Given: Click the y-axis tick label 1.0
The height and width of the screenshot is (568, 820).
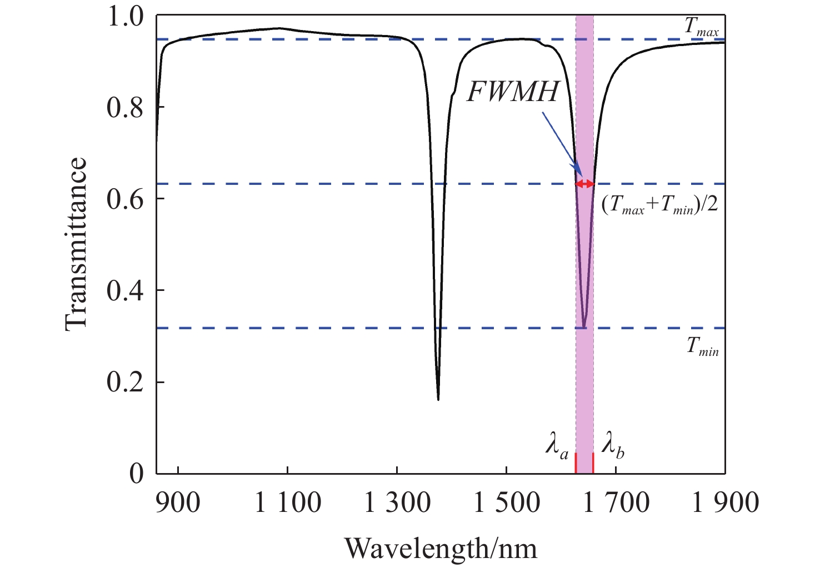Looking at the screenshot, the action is (125, 17).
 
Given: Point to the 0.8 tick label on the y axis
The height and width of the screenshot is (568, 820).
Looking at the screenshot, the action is (125, 108).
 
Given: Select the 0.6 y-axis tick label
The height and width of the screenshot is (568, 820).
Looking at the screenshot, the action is (125, 200).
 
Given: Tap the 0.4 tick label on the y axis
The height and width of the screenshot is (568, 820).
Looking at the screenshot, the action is (125, 291).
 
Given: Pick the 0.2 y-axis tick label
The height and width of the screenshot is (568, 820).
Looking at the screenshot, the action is (125, 383).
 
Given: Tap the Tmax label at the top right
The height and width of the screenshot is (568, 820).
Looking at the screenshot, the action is (702, 27).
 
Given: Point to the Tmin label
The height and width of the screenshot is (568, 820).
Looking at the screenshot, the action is (702, 346).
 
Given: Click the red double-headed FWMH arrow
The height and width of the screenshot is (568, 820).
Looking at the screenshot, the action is (584, 184).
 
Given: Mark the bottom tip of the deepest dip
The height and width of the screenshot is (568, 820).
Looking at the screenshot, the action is (438, 400).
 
